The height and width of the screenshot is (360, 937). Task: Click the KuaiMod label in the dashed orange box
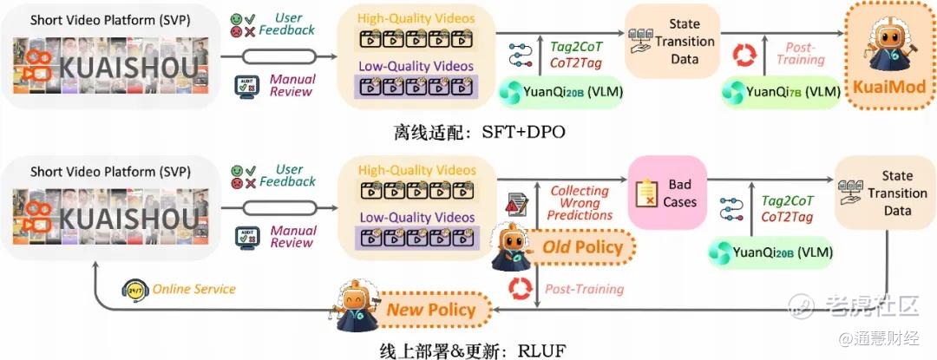click(x=888, y=87)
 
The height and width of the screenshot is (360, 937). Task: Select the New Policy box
click(x=431, y=310)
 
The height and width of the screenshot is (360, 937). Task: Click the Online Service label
click(x=194, y=289)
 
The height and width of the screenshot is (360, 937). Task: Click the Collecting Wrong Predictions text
click(x=580, y=203)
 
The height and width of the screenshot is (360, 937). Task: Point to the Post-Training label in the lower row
click(x=584, y=289)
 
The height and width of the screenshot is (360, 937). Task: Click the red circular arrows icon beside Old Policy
click(x=520, y=288)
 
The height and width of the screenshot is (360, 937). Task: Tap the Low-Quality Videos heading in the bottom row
click(x=416, y=218)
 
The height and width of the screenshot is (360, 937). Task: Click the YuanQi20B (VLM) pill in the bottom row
click(x=771, y=252)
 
